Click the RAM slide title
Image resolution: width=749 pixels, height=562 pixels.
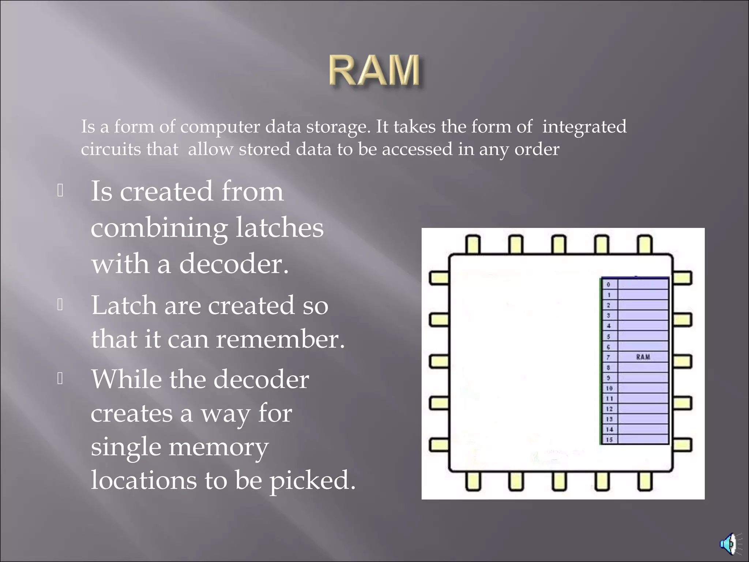pos(374,71)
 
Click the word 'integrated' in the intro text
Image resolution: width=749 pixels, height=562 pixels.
pos(584,127)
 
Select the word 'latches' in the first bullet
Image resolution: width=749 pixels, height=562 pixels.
pos(279,227)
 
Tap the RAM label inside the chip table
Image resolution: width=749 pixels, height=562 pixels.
pos(643,357)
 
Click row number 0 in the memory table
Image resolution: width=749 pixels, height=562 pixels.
pos(609,284)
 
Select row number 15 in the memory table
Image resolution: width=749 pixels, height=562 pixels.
pos(609,439)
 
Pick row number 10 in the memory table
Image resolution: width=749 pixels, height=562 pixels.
pos(609,388)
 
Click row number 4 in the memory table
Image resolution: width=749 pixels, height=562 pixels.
pos(609,326)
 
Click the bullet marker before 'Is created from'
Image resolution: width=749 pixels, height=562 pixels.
pos(61,191)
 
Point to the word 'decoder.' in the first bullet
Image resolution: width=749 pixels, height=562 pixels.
pos(234,263)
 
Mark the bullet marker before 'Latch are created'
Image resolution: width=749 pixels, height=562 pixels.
pos(61,304)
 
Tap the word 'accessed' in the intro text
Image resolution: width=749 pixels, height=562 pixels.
pos(417,149)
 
